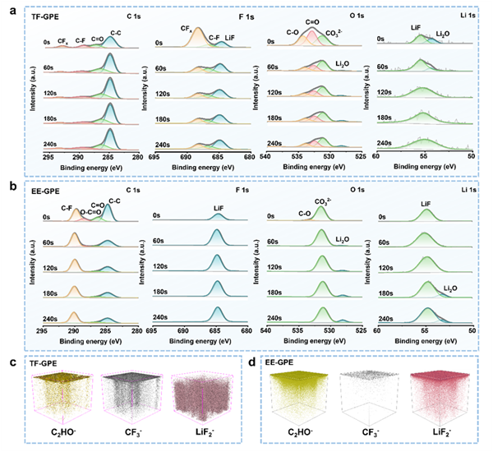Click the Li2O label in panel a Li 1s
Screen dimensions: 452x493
443,35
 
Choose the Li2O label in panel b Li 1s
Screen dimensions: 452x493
450,288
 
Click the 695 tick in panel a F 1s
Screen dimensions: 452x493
154,155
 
